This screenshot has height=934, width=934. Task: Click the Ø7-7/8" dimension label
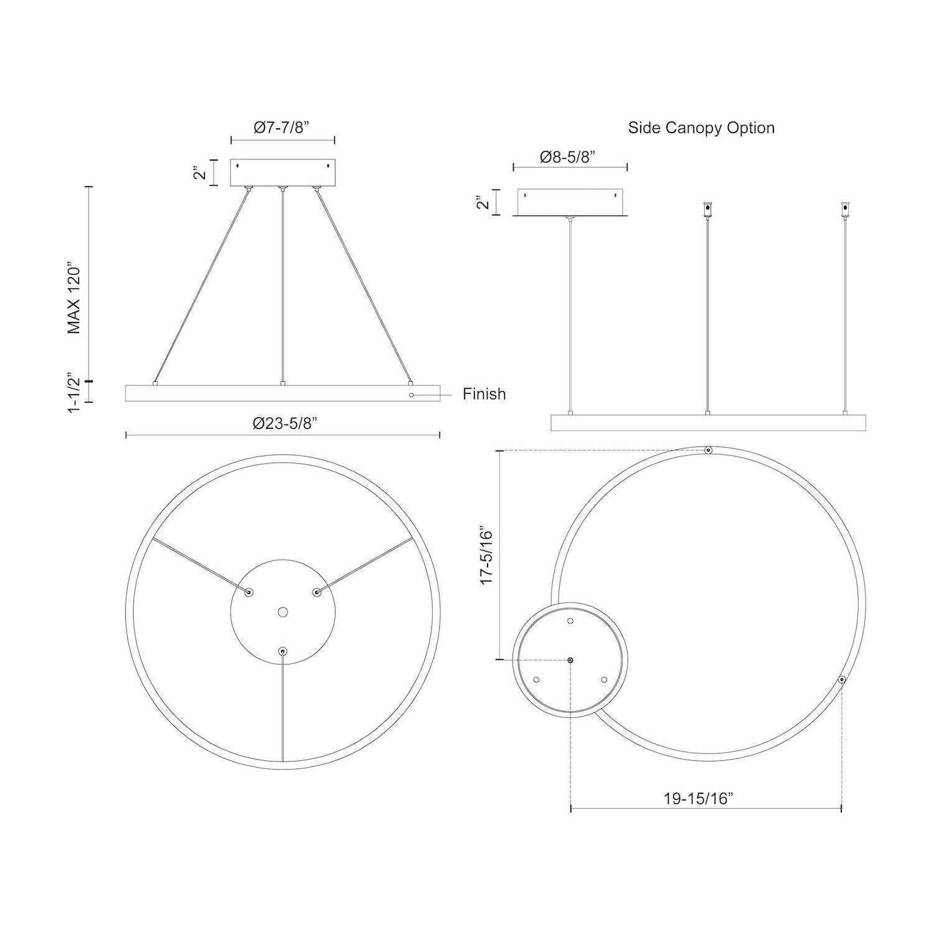pos(282,128)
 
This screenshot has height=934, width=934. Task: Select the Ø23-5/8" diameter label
pos(286,423)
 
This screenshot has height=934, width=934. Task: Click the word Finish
pos(484,394)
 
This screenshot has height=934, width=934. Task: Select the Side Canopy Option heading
pos(701,128)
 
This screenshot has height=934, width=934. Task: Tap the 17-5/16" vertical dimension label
pos(486,557)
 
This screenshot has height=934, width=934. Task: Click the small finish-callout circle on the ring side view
pos(412,395)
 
